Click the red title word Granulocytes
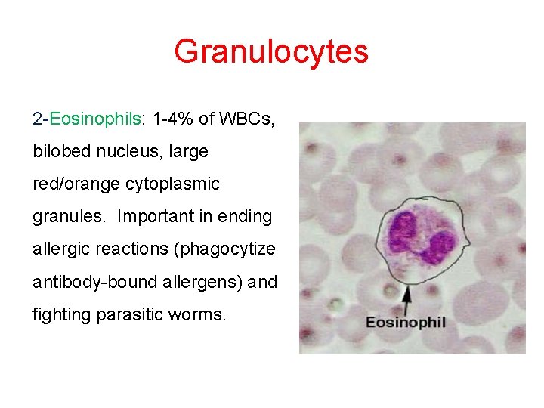[271, 51]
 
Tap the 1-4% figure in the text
[173, 119]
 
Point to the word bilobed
[62, 151]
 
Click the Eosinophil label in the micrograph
[406, 323]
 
